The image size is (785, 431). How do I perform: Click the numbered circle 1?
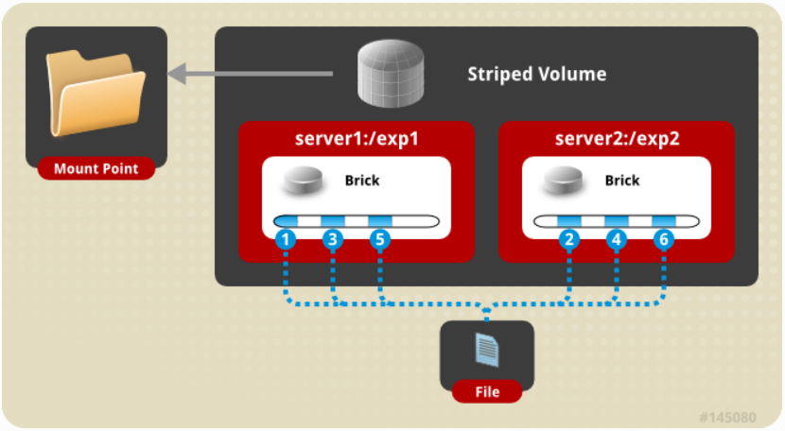coord(286,239)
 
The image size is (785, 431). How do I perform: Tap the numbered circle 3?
coord(332,239)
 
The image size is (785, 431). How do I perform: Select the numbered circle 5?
coord(380,239)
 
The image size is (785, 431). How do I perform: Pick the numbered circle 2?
coord(569,239)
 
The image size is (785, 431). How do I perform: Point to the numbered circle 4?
coord(617,239)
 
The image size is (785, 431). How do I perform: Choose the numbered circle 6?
coord(664,239)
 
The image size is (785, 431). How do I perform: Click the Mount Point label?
coord(96,168)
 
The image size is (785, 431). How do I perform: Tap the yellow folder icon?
coord(96,93)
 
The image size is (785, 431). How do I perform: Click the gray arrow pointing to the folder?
coord(250,74)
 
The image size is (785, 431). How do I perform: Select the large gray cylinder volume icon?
coord(391,73)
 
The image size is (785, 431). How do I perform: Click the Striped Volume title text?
coord(536,74)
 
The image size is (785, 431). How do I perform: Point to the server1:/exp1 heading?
coord(357,138)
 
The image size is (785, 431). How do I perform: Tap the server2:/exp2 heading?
coord(617,138)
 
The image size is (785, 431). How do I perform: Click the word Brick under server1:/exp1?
coord(362,181)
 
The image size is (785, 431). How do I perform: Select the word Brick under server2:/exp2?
coord(622,181)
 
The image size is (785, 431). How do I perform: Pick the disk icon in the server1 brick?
coord(303,181)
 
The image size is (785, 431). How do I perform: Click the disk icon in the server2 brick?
coord(564,181)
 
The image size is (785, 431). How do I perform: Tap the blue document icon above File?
coord(487,350)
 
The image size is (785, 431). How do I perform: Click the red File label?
coord(487,391)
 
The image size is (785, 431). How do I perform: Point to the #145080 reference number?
coord(727,417)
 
